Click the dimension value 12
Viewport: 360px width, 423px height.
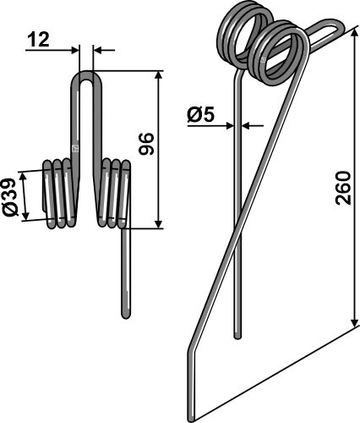(x=37, y=39)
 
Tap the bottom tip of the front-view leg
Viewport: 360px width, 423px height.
(x=126, y=314)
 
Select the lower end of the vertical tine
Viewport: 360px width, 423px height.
(x=237, y=335)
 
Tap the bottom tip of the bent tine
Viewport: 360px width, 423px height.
(x=193, y=417)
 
